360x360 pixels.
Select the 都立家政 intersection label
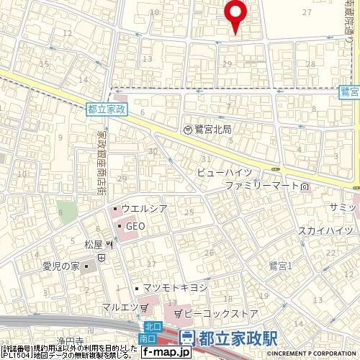pos(107,109)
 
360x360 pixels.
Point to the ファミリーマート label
pos(262,186)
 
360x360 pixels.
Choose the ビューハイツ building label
pos(225,174)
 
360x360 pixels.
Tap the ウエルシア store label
pos(144,210)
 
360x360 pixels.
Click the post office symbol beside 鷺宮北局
pos(187,130)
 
